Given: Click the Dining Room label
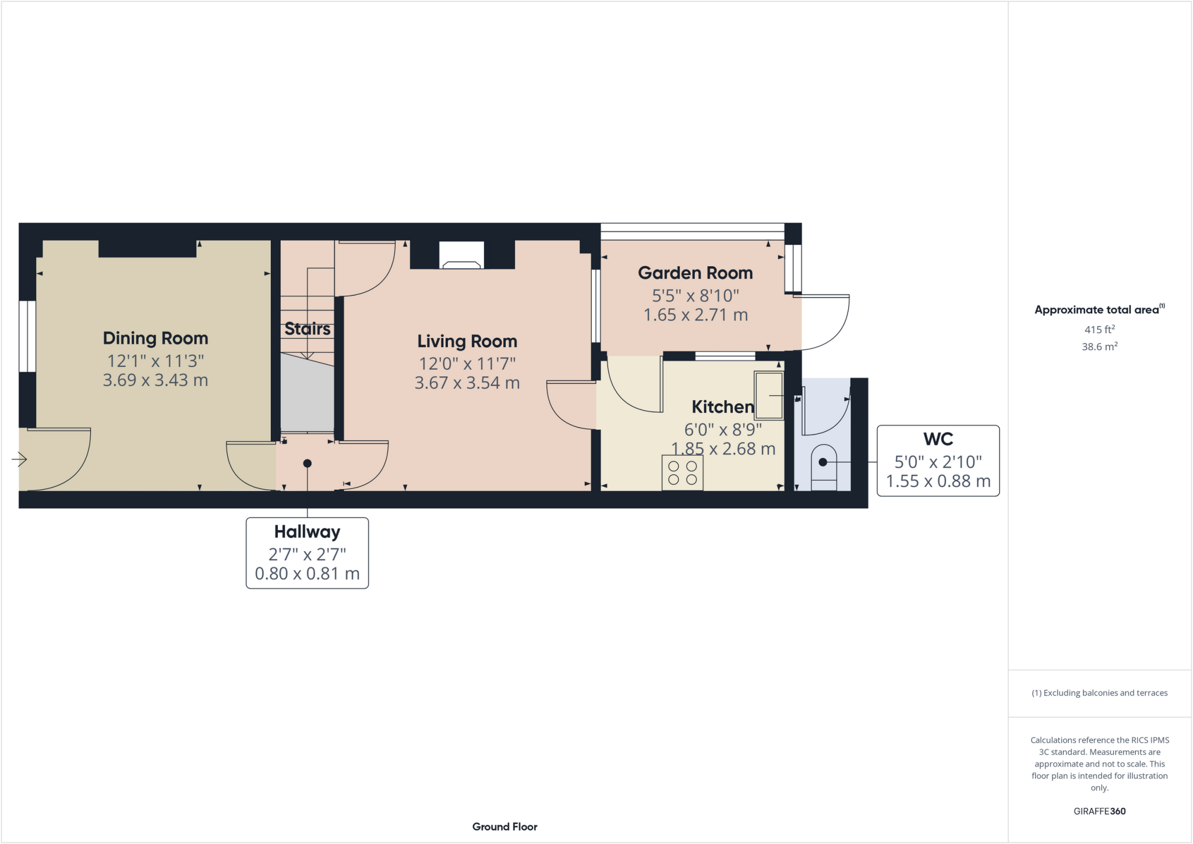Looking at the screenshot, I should (156, 338).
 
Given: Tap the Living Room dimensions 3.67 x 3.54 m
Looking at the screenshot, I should (467, 383).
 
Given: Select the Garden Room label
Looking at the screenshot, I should (695, 273).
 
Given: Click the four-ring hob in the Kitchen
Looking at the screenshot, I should (682, 473).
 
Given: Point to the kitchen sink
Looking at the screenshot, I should (769, 395).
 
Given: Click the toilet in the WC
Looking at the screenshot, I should (824, 467).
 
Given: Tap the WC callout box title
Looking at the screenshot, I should (938, 439).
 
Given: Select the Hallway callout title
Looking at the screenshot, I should (307, 532).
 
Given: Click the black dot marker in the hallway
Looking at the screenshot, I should (308, 464).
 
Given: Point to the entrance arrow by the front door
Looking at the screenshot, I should (19, 460).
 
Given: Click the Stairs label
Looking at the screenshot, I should (308, 329).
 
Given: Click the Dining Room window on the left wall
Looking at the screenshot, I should (27, 336).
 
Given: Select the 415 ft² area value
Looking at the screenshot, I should (1099, 330).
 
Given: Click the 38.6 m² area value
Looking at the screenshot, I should (1099, 347).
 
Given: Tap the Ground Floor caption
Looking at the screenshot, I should (504, 827).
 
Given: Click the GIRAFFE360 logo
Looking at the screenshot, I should (1099, 811).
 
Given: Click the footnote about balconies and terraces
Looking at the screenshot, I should (1099, 693).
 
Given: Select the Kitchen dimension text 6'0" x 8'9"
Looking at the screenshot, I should (723, 430).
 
